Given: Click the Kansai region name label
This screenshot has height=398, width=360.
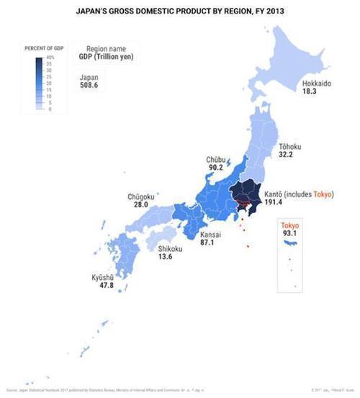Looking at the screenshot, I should [x=191, y=235].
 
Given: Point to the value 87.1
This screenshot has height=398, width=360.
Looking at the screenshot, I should [x=190, y=243].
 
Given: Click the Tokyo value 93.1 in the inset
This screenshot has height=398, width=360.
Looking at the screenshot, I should [x=290, y=233].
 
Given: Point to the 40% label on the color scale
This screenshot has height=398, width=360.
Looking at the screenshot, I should [x=50, y=57].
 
